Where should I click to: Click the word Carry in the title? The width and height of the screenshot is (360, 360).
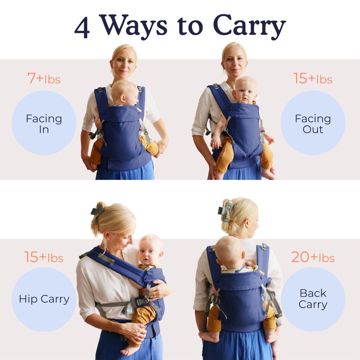click(x=249, y=27)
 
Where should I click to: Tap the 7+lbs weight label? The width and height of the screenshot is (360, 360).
click(x=44, y=79)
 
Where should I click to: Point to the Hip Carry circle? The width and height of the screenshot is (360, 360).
click(x=44, y=299)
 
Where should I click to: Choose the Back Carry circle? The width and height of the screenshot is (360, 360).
click(x=313, y=299)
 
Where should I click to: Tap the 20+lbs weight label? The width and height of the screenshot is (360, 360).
click(x=313, y=257)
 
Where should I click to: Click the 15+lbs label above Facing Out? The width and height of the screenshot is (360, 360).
click(x=313, y=79)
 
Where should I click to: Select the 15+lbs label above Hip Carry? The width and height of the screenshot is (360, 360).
click(x=44, y=257)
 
